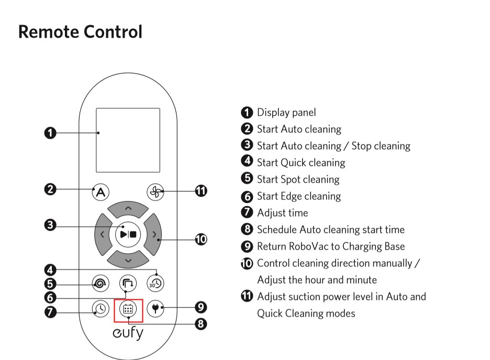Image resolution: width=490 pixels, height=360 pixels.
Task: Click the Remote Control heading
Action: coord(80,31)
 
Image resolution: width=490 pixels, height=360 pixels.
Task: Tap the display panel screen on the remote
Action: coord(128,140)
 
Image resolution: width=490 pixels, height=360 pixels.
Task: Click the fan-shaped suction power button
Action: coord(155,192)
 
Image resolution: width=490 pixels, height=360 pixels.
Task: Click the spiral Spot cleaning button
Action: coord(99,284)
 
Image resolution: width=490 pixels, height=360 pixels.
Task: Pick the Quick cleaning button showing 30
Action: coord(155,284)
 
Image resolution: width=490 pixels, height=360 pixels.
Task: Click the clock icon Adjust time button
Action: coord(100,309)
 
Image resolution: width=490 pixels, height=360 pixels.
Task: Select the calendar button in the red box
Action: coord(128,309)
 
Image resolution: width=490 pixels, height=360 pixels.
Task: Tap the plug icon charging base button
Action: coord(155,308)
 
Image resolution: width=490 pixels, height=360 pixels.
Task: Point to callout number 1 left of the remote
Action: coord(50,133)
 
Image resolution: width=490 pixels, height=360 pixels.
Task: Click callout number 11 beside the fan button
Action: coord(201,191)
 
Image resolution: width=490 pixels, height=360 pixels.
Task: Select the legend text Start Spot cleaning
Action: coord(298,179)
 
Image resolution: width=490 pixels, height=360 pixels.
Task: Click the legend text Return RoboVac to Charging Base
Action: coord(331,246)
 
